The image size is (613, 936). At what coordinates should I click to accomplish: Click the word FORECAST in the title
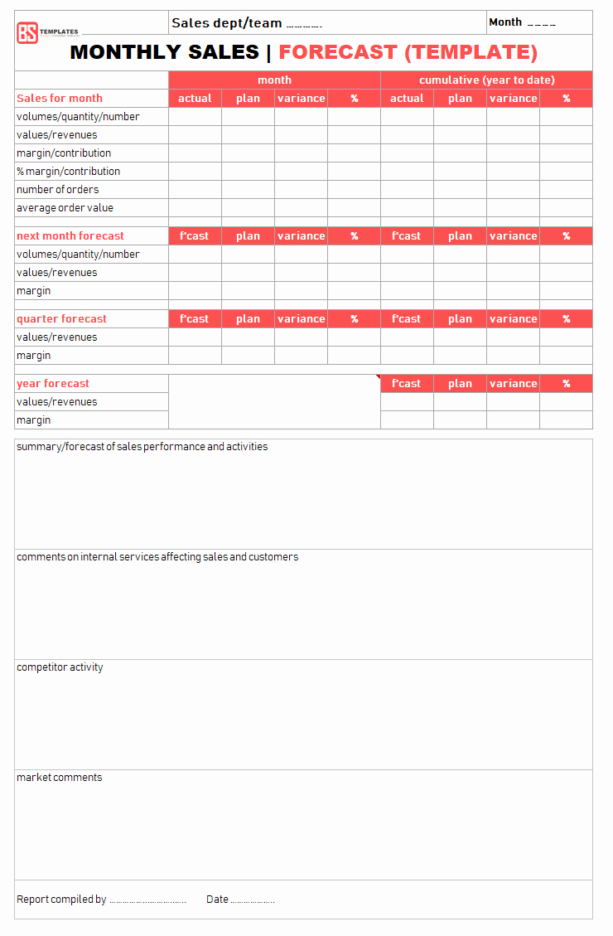337,52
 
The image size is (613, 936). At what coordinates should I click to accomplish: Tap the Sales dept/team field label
226,23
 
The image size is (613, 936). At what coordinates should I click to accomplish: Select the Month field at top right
522,22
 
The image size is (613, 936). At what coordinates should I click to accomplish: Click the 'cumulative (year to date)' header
486,80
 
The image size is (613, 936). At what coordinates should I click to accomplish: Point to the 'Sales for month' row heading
60,98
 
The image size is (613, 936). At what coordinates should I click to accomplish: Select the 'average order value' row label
65,207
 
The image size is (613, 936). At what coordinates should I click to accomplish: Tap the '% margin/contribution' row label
68,171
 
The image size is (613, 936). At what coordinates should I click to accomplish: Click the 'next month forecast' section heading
70,235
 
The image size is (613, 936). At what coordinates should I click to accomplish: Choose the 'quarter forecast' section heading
61,318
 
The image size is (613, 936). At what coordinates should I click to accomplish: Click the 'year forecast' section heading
53,383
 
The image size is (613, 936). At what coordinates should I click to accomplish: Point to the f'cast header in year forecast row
407,383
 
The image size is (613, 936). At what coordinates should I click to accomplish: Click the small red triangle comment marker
378,377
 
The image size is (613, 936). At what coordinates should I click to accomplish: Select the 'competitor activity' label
60,667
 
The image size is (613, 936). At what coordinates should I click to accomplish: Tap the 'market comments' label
60,777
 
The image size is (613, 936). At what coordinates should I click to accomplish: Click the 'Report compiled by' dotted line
147,900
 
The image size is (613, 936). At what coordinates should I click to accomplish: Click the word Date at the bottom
217,899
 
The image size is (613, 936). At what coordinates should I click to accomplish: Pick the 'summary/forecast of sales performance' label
142,446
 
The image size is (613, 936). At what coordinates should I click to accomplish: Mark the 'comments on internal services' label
157,556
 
